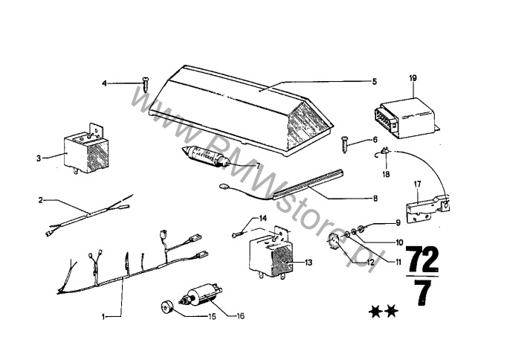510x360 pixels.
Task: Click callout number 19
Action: coord(413,78)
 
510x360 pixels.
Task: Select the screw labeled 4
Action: coord(146,84)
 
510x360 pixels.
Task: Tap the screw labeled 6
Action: coord(345,145)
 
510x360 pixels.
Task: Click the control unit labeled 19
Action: coord(406,119)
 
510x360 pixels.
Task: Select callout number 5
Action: coord(375,81)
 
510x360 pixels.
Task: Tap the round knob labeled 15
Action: coord(167,307)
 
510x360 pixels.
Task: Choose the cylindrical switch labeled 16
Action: coord(201,295)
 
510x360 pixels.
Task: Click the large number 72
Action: coord(422,260)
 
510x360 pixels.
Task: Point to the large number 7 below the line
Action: coord(422,292)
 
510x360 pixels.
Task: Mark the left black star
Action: coord(375,312)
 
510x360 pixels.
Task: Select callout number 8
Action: coord(375,198)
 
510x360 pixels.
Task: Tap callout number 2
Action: coord(40,200)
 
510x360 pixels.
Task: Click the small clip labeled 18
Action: coord(384,152)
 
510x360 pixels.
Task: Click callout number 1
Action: coord(103,316)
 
